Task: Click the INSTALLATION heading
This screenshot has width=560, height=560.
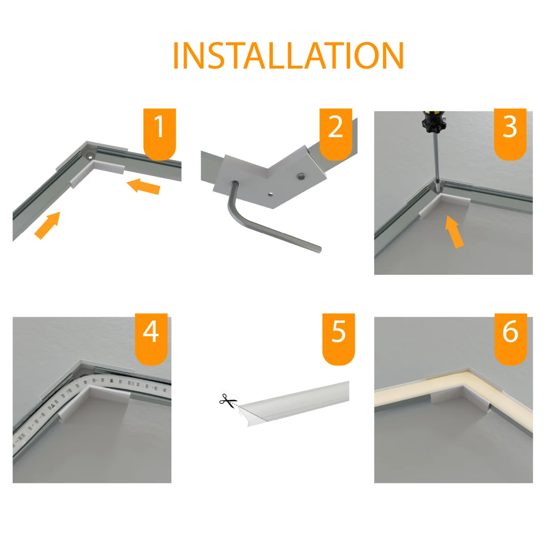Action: pyautogui.click(x=288, y=56)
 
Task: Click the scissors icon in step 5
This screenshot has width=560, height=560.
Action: pyautogui.click(x=228, y=400)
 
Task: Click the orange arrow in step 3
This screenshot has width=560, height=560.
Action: pyautogui.click(x=454, y=231)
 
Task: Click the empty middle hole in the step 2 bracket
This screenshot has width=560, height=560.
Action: pyautogui.click(x=270, y=193)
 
